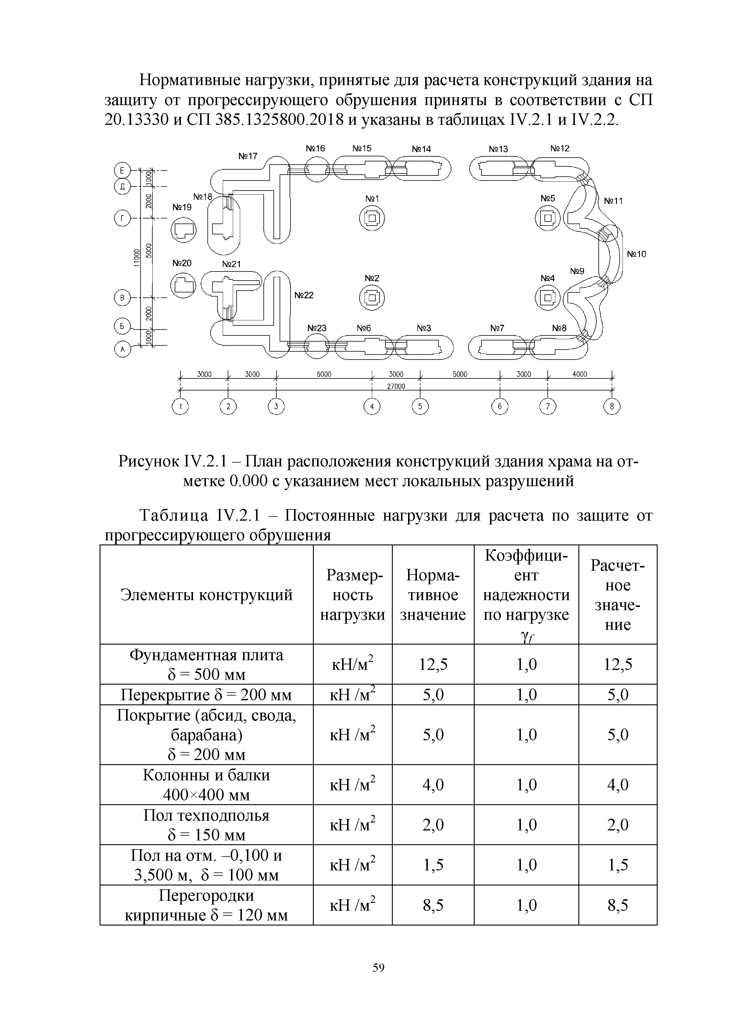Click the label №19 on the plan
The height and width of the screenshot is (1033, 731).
point(182,207)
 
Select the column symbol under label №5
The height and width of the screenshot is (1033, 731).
point(547,219)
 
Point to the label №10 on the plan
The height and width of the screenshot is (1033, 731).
point(636,254)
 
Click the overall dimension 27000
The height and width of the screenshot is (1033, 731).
point(396,386)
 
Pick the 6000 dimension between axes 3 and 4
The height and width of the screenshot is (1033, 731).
point(324,374)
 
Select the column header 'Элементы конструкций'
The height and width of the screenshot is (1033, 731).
point(206,595)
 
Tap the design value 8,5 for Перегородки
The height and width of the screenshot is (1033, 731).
point(618,905)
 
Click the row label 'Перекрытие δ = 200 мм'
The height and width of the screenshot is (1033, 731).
point(206,695)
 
